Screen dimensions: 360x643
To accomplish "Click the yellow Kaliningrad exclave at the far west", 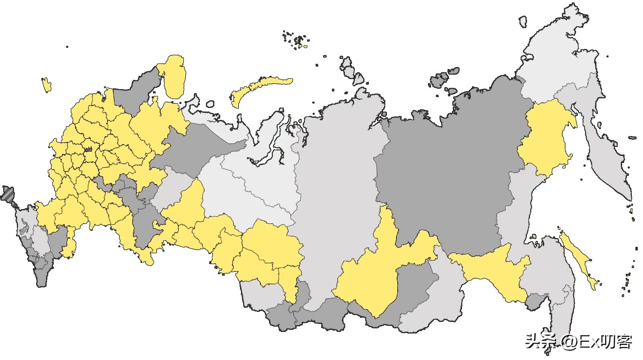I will [47, 84].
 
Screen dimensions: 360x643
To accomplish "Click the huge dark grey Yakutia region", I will [446, 169].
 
